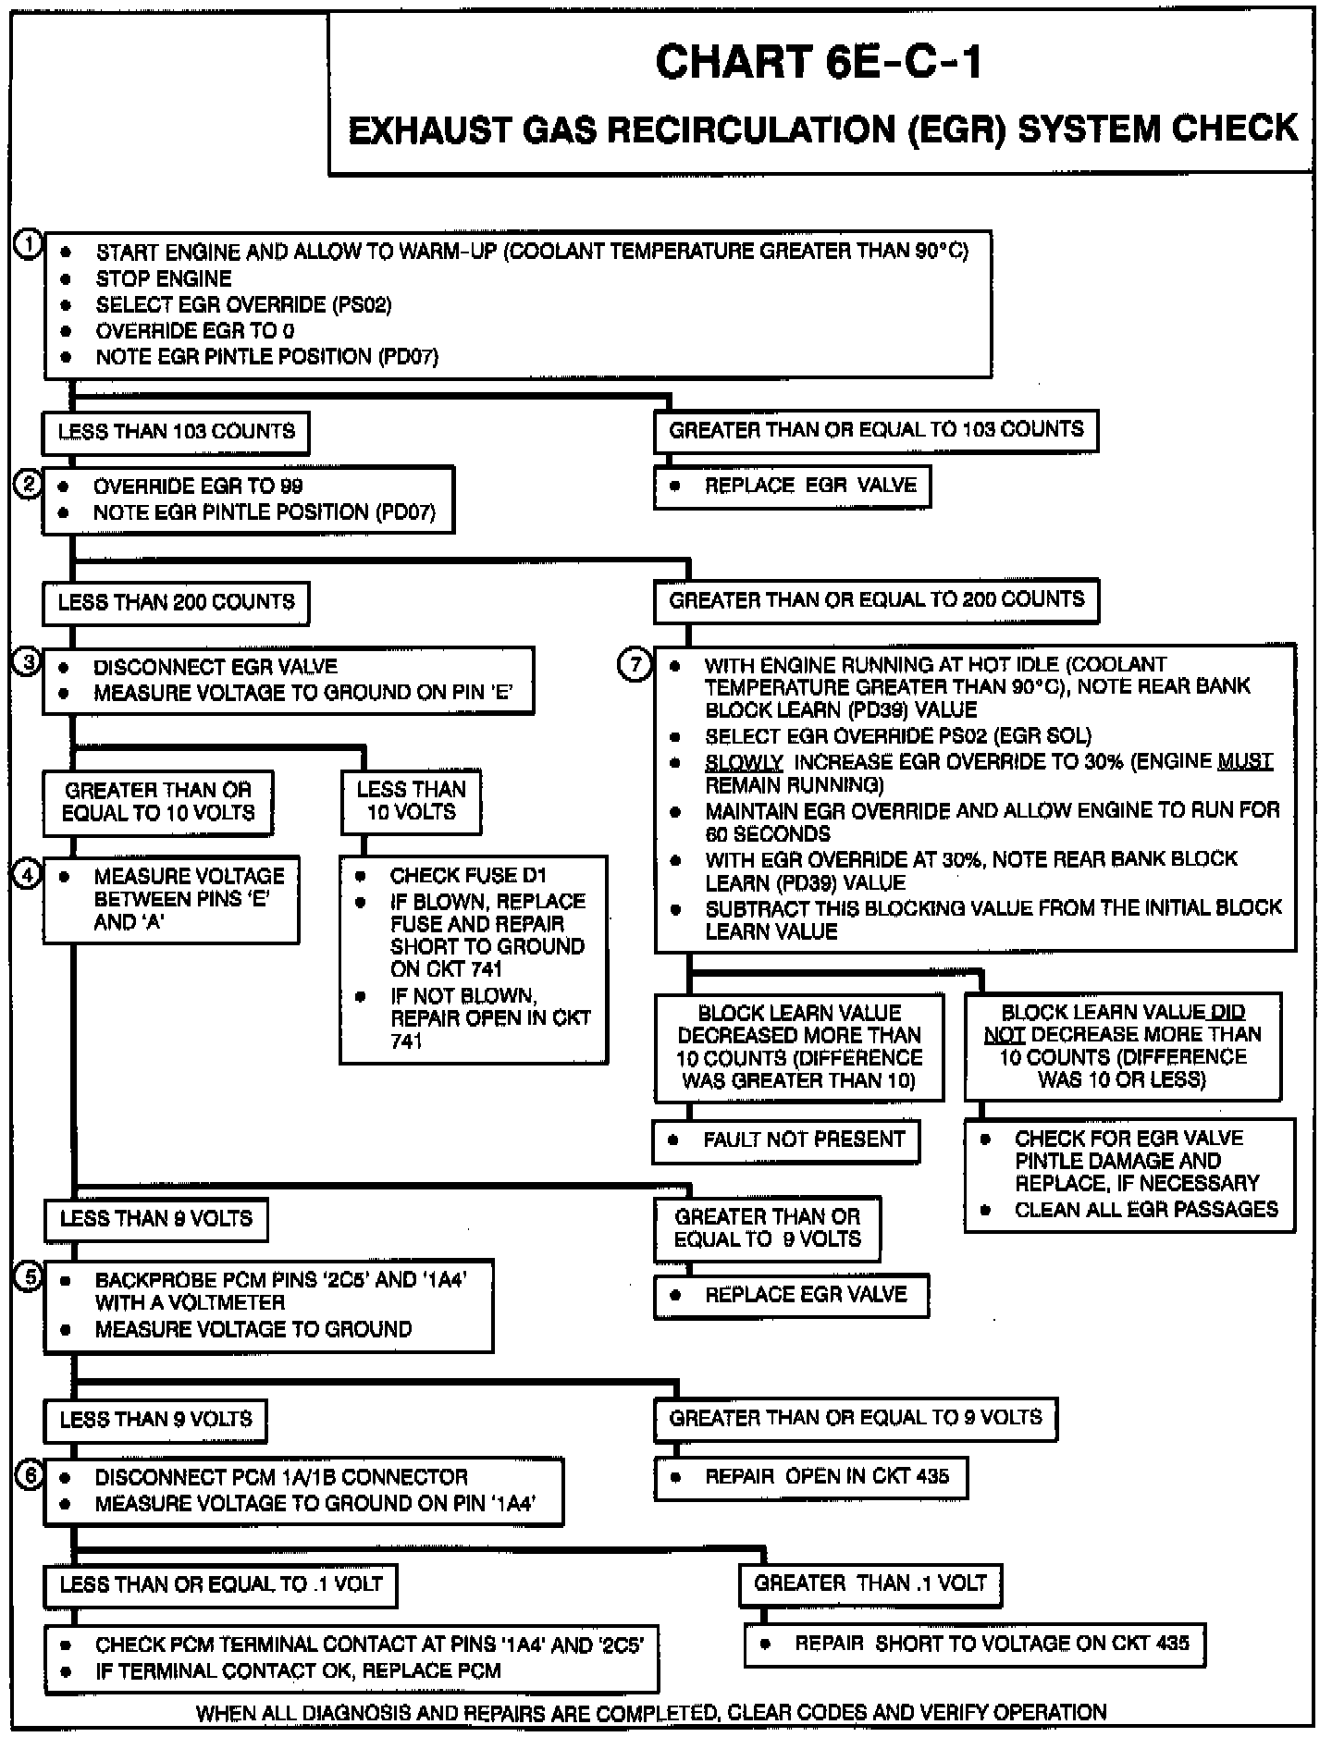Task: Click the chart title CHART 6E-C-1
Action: (818, 63)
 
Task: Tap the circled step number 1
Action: (29, 244)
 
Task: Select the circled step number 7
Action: (635, 665)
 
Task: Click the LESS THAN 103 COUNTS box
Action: (176, 432)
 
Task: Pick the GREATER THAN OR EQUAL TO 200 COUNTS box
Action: (876, 600)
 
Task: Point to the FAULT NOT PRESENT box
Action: (787, 1140)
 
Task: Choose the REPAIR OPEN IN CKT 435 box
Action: (811, 1477)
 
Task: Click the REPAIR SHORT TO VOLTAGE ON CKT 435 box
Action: (975, 1645)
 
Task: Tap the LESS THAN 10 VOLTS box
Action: (412, 801)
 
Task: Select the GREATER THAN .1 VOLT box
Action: (870, 1583)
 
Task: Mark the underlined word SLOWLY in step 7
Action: (744, 762)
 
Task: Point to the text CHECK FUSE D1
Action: (468, 875)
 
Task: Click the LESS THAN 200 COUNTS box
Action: (176, 602)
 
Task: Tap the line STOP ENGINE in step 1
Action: (164, 278)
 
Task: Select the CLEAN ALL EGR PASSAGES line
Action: (1146, 1210)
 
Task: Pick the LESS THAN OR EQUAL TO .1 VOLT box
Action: (220, 1584)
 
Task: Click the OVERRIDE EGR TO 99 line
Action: (198, 487)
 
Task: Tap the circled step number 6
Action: (31, 1475)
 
